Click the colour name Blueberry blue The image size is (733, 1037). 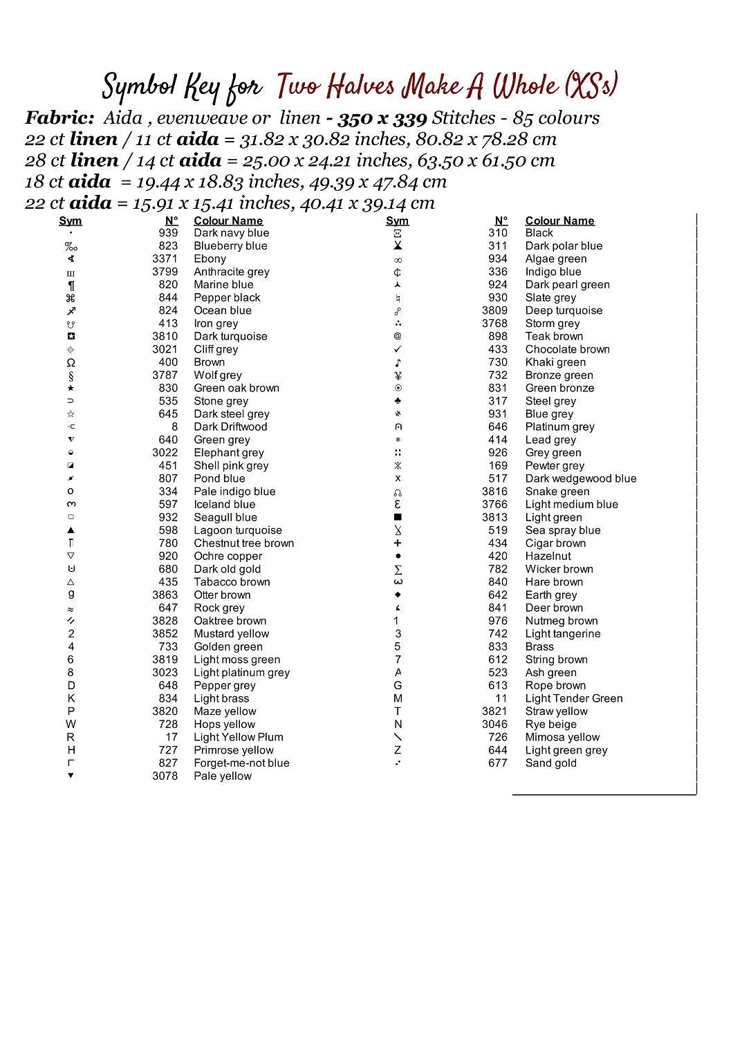(x=230, y=246)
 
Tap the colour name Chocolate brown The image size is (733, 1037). (x=567, y=349)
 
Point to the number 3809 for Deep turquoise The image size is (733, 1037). (x=494, y=310)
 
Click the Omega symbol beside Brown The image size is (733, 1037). (x=71, y=362)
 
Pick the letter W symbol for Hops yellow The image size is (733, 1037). (x=71, y=724)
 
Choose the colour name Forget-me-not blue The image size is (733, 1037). (x=241, y=763)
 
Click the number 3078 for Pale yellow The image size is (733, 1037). (x=165, y=776)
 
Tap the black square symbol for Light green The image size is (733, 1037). (x=398, y=517)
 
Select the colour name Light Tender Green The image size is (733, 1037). (x=573, y=698)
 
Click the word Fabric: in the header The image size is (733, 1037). (x=59, y=118)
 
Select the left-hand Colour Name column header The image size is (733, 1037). (x=228, y=221)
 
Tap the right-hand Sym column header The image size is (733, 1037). (x=397, y=221)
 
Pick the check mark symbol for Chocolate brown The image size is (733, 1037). (x=398, y=349)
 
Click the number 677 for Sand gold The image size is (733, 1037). (x=497, y=763)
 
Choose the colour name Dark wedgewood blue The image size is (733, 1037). (x=580, y=478)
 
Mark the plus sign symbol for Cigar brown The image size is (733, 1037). (x=398, y=543)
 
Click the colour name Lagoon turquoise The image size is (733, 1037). (x=238, y=530)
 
